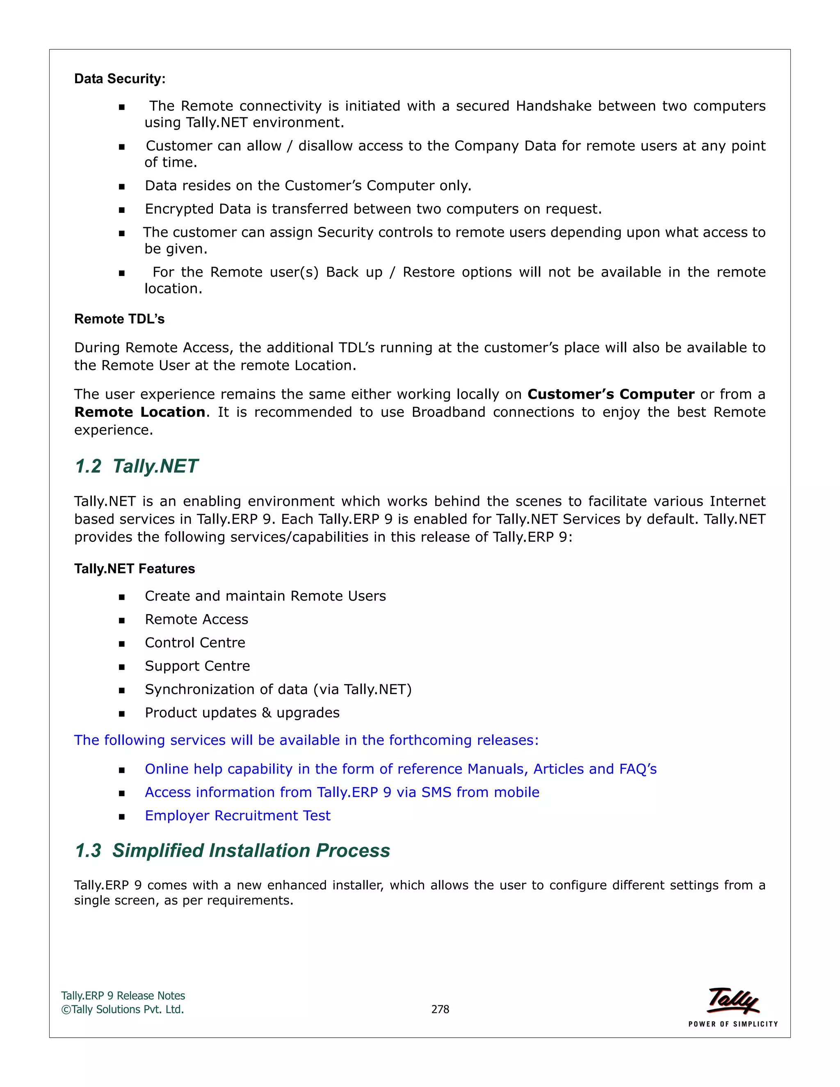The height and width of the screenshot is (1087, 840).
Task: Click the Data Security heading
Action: pyautogui.click(x=119, y=79)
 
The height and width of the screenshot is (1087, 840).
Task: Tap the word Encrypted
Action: pyautogui.click(x=179, y=209)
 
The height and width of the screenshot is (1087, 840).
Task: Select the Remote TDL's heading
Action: pyautogui.click(x=119, y=319)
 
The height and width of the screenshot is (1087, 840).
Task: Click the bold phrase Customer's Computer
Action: pyautogui.click(x=611, y=394)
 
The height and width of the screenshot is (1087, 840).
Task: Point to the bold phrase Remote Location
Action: pyautogui.click(x=139, y=412)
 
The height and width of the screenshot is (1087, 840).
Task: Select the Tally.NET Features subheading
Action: pyautogui.click(x=135, y=569)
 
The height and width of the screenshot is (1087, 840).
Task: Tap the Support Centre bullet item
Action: pyautogui.click(x=197, y=666)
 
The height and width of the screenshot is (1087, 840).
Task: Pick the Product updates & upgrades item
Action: pyautogui.click(x=242, y=713)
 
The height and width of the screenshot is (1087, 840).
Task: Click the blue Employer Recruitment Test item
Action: pyautogui.click(x=237, y=816)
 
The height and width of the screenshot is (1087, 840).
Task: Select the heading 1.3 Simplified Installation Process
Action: pyautogui.click(x=233, y=851)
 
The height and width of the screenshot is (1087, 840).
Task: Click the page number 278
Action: pyautogui.click(x=440, y=1009)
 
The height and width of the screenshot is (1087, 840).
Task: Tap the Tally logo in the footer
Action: pyautogui.click(x=733, y=1000)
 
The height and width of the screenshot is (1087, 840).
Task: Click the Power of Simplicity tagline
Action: pyautogui.click(x=733, y=1024)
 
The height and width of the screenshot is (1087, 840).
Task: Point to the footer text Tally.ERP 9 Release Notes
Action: pyautogui.click(x=123, y=996)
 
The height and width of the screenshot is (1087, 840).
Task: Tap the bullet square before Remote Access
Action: pyautogui.click(x=121, y=620)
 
